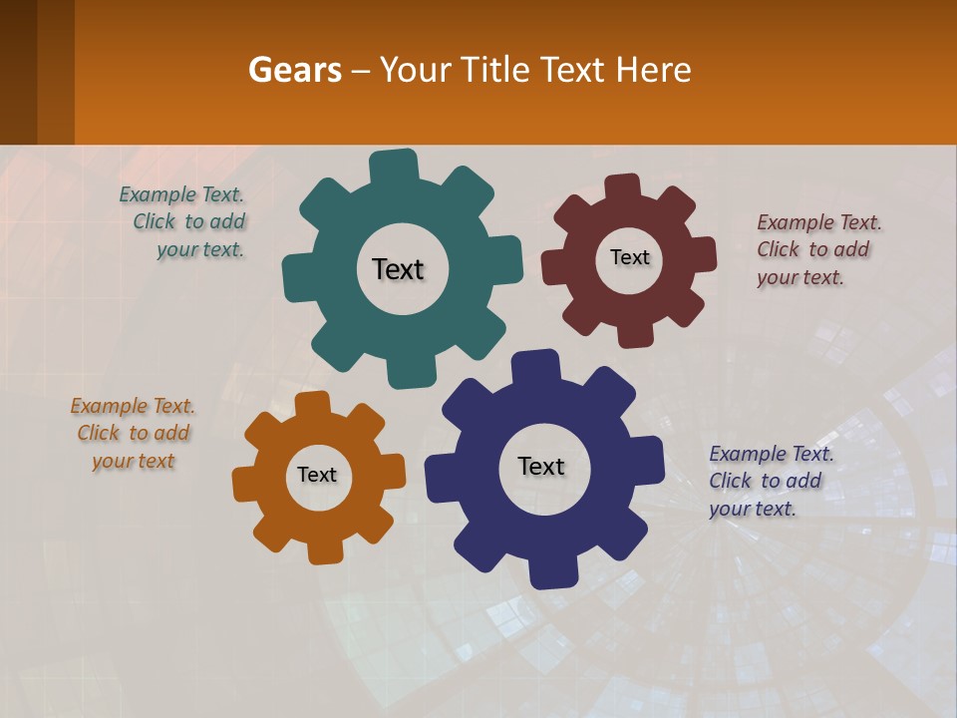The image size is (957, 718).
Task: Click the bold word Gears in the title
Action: pyautogui.click(x=295, y=70)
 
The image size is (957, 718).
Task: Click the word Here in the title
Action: pyautogui.click(x=653, y=70)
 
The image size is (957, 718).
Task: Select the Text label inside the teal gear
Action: pyautogui.click(x=398, y=269)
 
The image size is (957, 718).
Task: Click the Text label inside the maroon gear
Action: pyautogui.click(x=629, y=257)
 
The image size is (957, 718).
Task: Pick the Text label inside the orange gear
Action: pyautogui.click(x=317, y=476)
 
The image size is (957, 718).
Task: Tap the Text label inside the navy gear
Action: pyautogui.click(x=541, y=466)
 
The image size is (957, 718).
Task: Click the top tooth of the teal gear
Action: pyautogui.click(x=394, y=166)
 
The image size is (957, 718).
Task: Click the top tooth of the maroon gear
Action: pyautogui.click(x=622, y=186)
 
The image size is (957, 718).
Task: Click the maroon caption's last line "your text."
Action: pyautogui.click(x=800, y=278)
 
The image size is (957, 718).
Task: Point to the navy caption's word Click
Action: pyautogui.click(x=731, y=481)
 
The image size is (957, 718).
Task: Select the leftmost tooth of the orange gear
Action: pyautogui.click(x=244, y=484)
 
